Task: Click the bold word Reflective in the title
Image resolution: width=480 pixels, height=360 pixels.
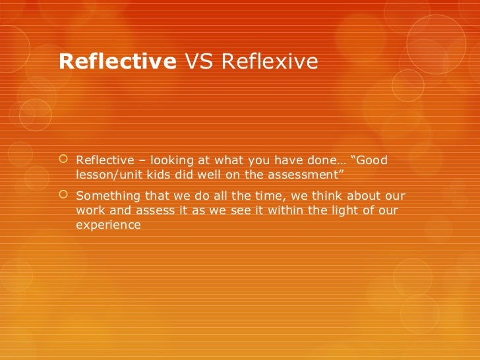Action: (x=117, y=61)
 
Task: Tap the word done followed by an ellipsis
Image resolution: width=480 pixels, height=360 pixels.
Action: (x=323, y=160)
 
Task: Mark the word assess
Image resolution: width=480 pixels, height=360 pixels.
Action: (x=149, y=211)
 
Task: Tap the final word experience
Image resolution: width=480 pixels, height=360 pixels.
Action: (x=108, y=225)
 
